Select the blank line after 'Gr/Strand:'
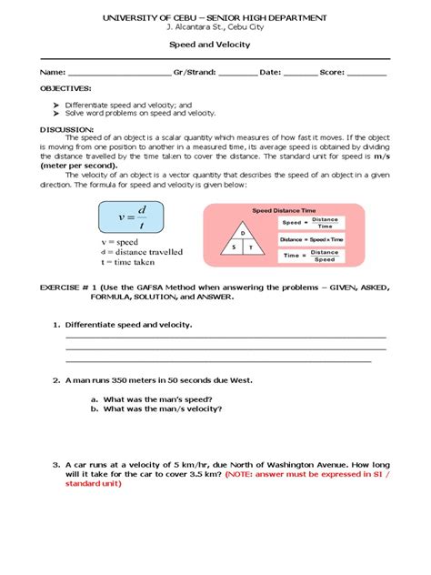point(237,73)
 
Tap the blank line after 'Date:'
point(300,73)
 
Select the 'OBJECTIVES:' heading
point(65,89)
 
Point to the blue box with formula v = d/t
point(137,218)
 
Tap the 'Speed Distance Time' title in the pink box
point(284,209)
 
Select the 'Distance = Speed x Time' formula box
point(312,238)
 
